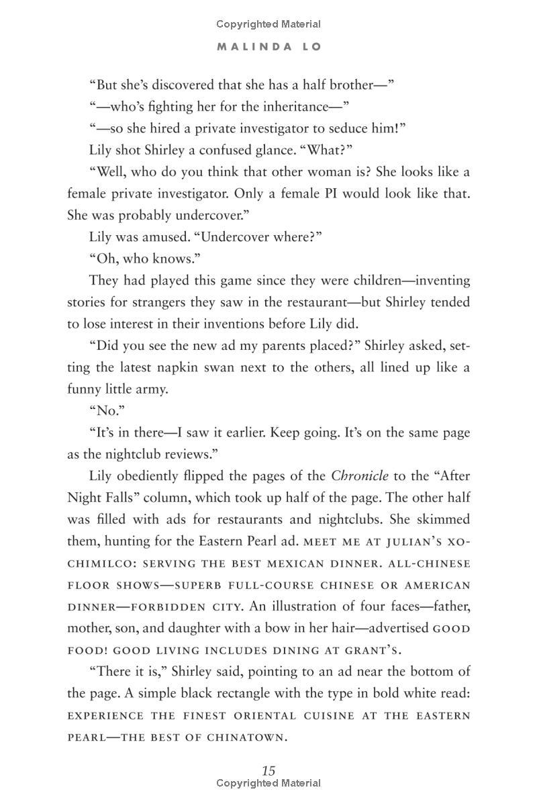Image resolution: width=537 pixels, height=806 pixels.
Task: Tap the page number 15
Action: click(x=268, y=770)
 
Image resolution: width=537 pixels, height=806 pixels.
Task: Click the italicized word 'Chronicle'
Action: click(x=360, y=476)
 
